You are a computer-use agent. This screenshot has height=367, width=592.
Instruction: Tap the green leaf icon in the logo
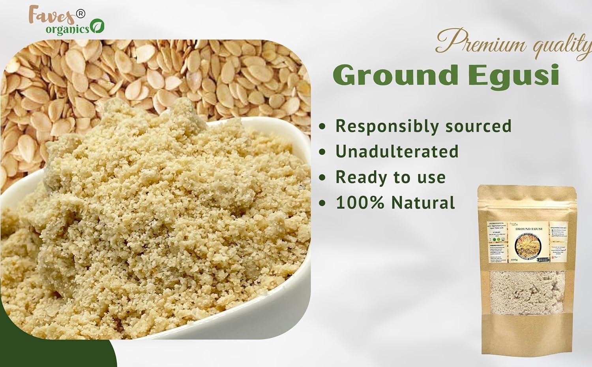(97, 27)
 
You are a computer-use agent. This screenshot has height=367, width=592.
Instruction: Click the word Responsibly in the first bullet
(388, 126)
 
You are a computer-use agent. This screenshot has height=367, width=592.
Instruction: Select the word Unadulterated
(397, 151)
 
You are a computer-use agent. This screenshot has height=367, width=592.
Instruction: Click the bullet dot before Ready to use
(324, 178)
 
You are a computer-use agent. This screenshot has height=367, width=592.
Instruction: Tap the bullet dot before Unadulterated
(324, 152)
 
